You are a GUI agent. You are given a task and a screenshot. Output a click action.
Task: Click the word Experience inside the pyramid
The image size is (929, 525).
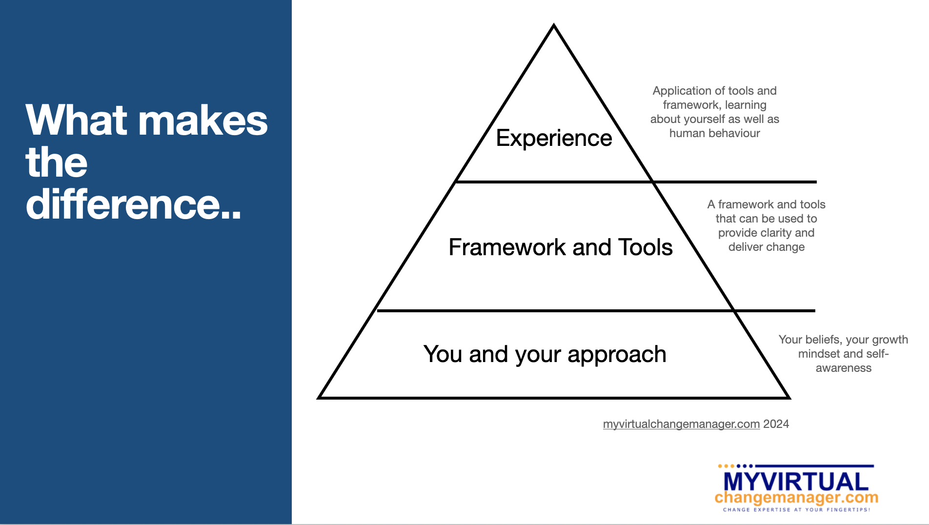pos(554,139)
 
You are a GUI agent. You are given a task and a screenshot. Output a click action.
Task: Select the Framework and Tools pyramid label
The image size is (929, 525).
pos(561,247)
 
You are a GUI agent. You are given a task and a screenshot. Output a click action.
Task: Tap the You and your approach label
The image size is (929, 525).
pos(545,355)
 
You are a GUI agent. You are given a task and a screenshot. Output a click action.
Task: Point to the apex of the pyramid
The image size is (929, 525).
pos(554,25)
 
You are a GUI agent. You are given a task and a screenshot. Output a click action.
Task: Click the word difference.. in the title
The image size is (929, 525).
pos(133,204)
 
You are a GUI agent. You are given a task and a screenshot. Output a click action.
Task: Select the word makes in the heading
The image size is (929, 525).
pos(203,121)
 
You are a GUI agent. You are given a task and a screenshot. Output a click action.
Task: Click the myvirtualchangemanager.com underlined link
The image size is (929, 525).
pos(681,424)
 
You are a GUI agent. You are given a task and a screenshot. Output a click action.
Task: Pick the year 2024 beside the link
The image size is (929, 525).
pos(776,424)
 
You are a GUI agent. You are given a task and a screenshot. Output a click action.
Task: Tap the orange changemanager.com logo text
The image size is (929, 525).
pos(796,498)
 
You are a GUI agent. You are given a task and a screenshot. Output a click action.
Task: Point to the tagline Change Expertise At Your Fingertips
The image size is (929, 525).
pos(796,510)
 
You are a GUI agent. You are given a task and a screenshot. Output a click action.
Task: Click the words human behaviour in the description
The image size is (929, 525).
pos(715,133)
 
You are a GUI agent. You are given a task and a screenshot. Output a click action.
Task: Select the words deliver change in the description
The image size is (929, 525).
pos(767,247)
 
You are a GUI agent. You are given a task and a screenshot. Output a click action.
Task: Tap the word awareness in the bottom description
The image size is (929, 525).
pos(844,368)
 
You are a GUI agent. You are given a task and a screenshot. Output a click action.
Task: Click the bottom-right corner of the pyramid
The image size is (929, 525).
pos(789,398)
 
